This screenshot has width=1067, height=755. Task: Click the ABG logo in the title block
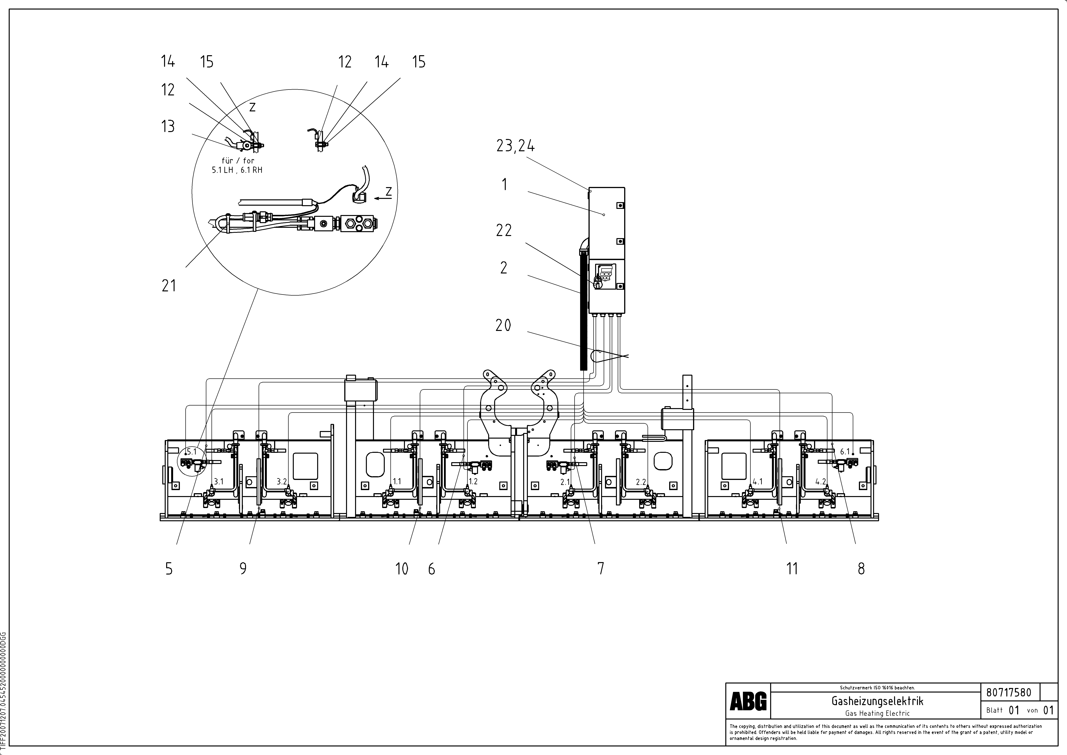tap(748, 701)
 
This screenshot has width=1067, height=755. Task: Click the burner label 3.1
tap(218, 482)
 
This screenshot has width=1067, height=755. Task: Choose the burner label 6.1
tap(845, 451)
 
